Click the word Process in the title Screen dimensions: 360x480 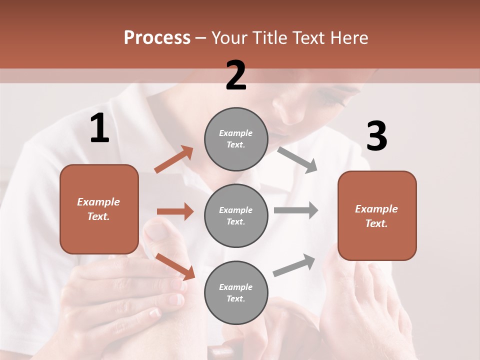157,38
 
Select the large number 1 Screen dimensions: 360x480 99,128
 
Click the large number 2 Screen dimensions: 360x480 236,75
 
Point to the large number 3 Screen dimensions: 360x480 376,136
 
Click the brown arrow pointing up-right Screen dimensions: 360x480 174,159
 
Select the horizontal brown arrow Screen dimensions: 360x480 175,211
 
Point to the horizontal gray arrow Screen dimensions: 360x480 295,210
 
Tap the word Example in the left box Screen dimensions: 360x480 98,202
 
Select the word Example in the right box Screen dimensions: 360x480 376,209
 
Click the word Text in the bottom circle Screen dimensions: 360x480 235,298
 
